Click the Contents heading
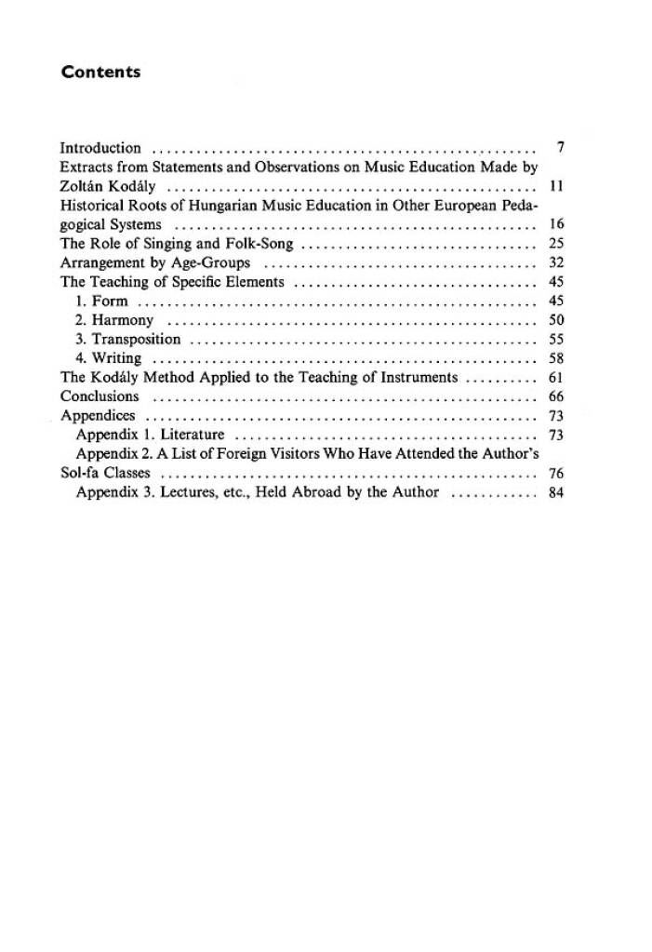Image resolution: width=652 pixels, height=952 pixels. point(100,72)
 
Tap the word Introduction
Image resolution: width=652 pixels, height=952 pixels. point(100,148)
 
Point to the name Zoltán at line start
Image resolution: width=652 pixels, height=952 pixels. point(81,186)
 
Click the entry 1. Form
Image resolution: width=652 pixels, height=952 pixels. point(101,302)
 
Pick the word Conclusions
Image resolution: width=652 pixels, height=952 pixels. point(100,397)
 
